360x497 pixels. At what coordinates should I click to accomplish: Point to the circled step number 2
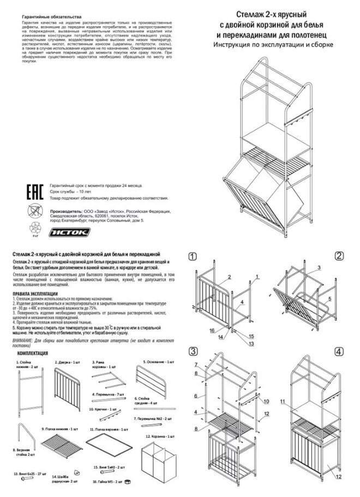339,256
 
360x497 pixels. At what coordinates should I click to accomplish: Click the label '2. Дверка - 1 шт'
68,362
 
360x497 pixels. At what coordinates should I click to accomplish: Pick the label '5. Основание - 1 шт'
159,362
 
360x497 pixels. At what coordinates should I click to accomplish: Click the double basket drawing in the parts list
158,464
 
